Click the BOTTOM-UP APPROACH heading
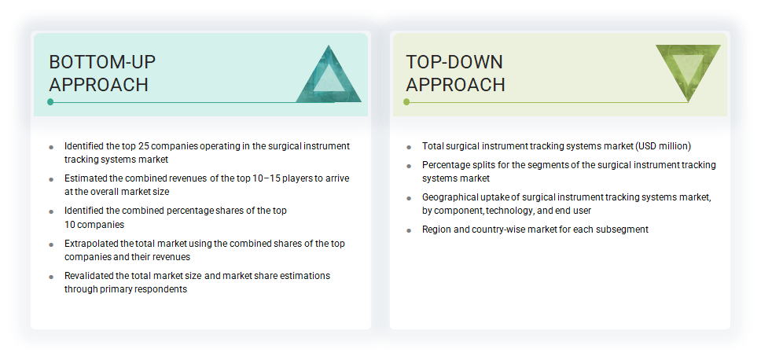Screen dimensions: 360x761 click(98, 73)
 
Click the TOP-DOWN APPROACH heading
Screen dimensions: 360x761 click(455, 73)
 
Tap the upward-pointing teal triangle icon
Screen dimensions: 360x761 click(329, 75)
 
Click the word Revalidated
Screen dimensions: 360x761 click(89, 276)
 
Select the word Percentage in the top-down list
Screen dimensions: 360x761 click(446, 165)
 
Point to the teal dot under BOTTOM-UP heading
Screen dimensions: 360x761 click(51, 101)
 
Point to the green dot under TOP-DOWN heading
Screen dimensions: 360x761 click(407, 101)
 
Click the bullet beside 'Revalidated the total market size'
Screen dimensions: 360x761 click(51, 277)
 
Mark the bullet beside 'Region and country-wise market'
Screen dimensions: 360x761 click(409, 230)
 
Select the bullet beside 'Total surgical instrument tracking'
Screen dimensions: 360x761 click(409, 147)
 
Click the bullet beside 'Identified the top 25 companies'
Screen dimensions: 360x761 click(51, 147)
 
